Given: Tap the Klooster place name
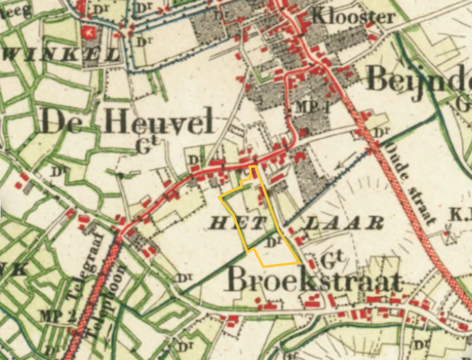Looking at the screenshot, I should coord(353,17).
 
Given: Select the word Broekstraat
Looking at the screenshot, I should coord(314,280).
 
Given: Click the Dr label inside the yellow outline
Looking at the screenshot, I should coord(274,241).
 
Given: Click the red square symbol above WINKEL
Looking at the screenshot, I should coord(88,33).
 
